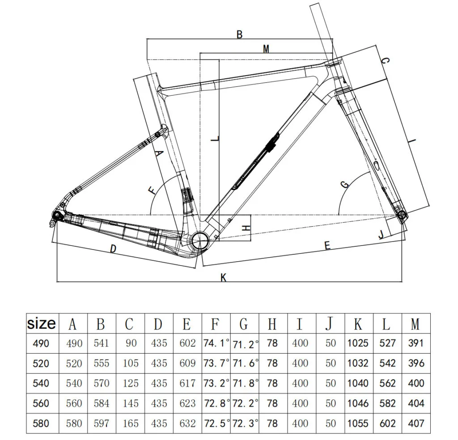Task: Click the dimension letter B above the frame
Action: (x=239, y=34)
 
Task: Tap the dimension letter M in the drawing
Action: (x=266, y=49)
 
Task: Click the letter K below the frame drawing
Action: (x=224, y=278)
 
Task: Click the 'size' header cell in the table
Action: (x=42, y=323)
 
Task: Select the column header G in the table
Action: (x=244, y=323)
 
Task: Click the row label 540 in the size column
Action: (x=41, y=383)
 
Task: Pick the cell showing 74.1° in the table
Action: (x=216, y=343)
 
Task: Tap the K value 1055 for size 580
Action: (x=358, y=423)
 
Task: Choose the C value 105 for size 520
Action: (x=130, y=363)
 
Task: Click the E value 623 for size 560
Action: (x=187, y=403)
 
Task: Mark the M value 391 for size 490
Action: (x=416, y=343)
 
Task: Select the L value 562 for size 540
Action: (x=387, y=383)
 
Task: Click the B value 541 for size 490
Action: (x=102, y=343)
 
